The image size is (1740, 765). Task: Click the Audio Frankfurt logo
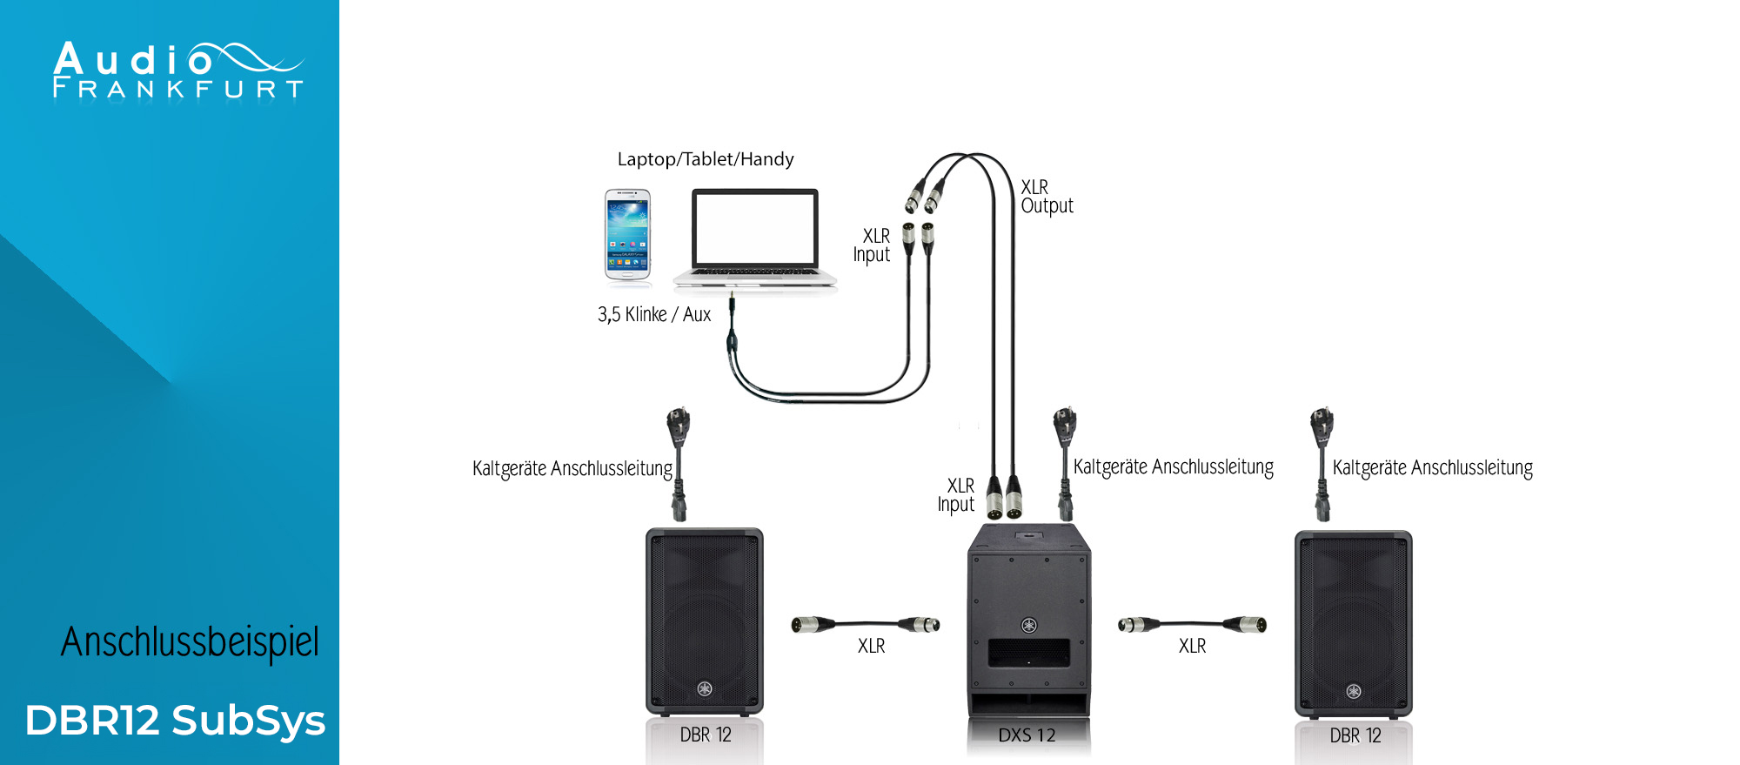pos(177,70)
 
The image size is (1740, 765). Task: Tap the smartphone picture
pos(627,234)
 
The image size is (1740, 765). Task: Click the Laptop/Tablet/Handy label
pos(705,159)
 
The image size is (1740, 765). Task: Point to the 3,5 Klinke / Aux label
pos(653,314)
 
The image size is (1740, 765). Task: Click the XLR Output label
pos(1046,197)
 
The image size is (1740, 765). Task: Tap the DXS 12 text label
pos(1027,735)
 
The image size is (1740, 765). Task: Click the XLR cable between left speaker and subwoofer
pos(865,624)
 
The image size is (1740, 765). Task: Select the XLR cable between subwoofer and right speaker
pos(1191,624)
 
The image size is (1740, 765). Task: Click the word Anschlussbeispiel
pos(190,642)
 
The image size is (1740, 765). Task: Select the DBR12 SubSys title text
pos(175,721)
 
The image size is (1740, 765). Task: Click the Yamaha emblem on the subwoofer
pos(1028,625)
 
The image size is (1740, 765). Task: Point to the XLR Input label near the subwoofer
pos(956,495)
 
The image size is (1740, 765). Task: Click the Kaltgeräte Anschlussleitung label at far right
pos(1432,468)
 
